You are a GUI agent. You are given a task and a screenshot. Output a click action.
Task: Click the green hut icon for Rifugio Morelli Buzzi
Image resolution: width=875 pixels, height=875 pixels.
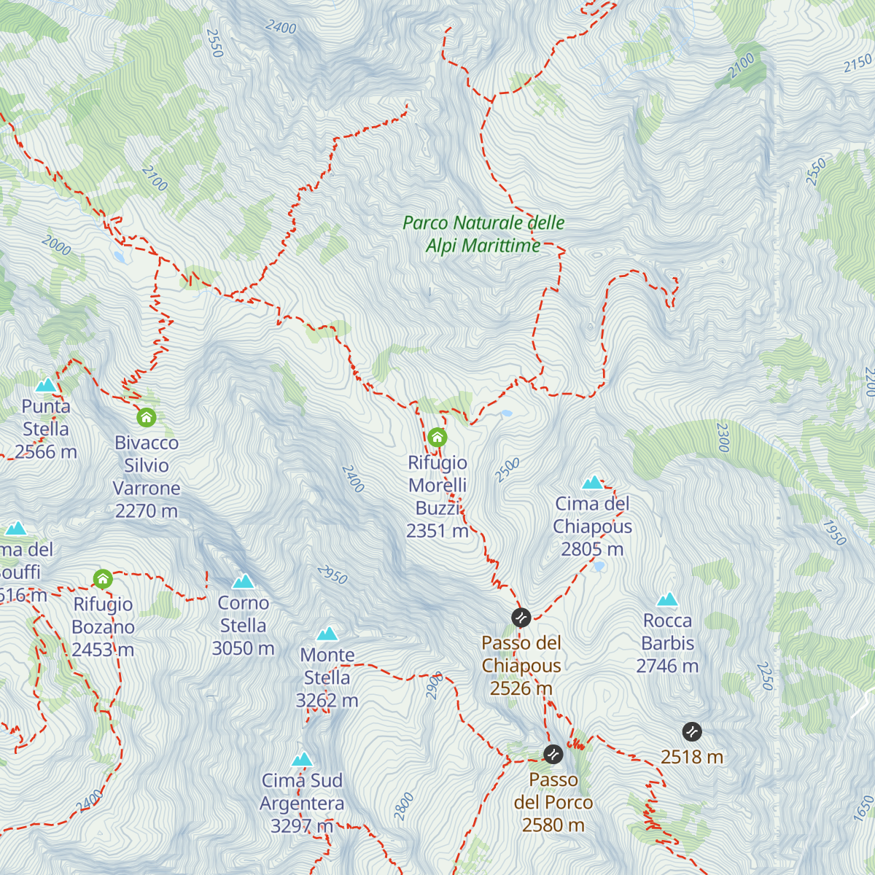(x=437, y=437)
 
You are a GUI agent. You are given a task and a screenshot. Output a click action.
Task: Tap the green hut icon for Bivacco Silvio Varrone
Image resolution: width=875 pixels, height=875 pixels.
(x=147, y=418)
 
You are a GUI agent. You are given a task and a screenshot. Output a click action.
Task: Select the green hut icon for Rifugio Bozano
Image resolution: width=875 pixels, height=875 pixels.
(x=103, y=579)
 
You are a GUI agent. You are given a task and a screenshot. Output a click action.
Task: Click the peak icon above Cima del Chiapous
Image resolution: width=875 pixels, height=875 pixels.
(x=593, y=483)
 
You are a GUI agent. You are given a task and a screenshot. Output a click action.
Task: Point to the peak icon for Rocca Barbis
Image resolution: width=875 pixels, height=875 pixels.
(x=667, y=600)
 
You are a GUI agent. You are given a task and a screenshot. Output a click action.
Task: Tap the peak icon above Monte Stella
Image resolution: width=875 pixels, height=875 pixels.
(x=327, y=634)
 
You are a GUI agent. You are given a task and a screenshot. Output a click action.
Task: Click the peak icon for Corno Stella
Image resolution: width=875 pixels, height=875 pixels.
(x=243, y=582)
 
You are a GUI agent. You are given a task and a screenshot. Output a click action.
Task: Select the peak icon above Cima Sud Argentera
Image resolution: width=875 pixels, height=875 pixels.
(x=302, y=760)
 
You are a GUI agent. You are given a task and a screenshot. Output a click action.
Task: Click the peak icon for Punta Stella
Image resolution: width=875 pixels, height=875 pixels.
(x=46, y=385)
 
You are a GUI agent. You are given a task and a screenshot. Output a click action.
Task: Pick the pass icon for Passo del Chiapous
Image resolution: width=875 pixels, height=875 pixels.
(x=521, y=618)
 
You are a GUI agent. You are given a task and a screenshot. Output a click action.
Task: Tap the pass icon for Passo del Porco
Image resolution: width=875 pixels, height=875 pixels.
(x=553, y=754)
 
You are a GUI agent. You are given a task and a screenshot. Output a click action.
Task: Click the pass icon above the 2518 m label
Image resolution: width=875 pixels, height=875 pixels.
(x=692, y=731)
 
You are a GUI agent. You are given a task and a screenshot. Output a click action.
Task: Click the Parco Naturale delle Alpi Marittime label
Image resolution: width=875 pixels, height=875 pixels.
(x=483, y=234)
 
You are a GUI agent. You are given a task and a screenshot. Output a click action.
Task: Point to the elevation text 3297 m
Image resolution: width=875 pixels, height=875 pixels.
(x=301, y=826)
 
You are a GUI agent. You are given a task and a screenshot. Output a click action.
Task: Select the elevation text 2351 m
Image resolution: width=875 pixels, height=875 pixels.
(x=437, y=531)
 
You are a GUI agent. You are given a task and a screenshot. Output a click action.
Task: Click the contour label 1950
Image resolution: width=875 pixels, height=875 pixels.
(x=834, y=532)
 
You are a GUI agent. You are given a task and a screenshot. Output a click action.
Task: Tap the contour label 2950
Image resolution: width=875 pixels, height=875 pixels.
(x=332, y=575)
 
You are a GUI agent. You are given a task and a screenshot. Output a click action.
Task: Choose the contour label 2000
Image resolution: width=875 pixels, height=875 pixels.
(x=56, y=245)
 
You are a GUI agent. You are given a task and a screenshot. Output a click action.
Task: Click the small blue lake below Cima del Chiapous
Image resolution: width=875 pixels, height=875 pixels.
(x=598, y=566)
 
